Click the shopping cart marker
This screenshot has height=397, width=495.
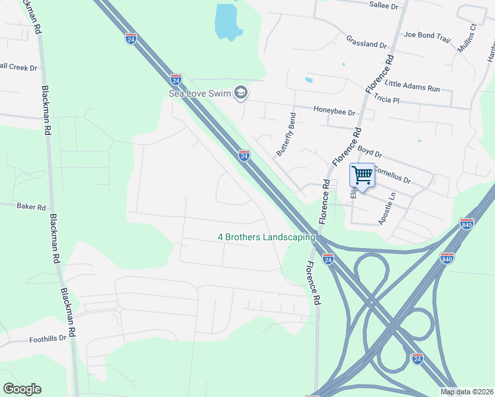click(x=362, y=176)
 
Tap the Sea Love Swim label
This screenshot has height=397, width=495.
click(x=200, y=93)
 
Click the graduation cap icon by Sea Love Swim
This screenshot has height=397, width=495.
click(x=241, y=93)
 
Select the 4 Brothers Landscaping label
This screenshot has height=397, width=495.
click(x=267, y=237)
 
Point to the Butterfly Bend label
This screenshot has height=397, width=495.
click(x=285, y=134)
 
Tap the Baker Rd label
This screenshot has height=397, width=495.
click(x=31, y=206)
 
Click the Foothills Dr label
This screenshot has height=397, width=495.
click(x=48, y=338)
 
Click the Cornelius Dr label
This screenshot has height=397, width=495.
click(x=392, y=175)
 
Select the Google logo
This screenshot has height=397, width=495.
click(x=22, y=389)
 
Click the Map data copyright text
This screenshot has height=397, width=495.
click(x=467, y=392)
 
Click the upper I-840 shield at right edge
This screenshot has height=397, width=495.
click(x=467, y=224)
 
